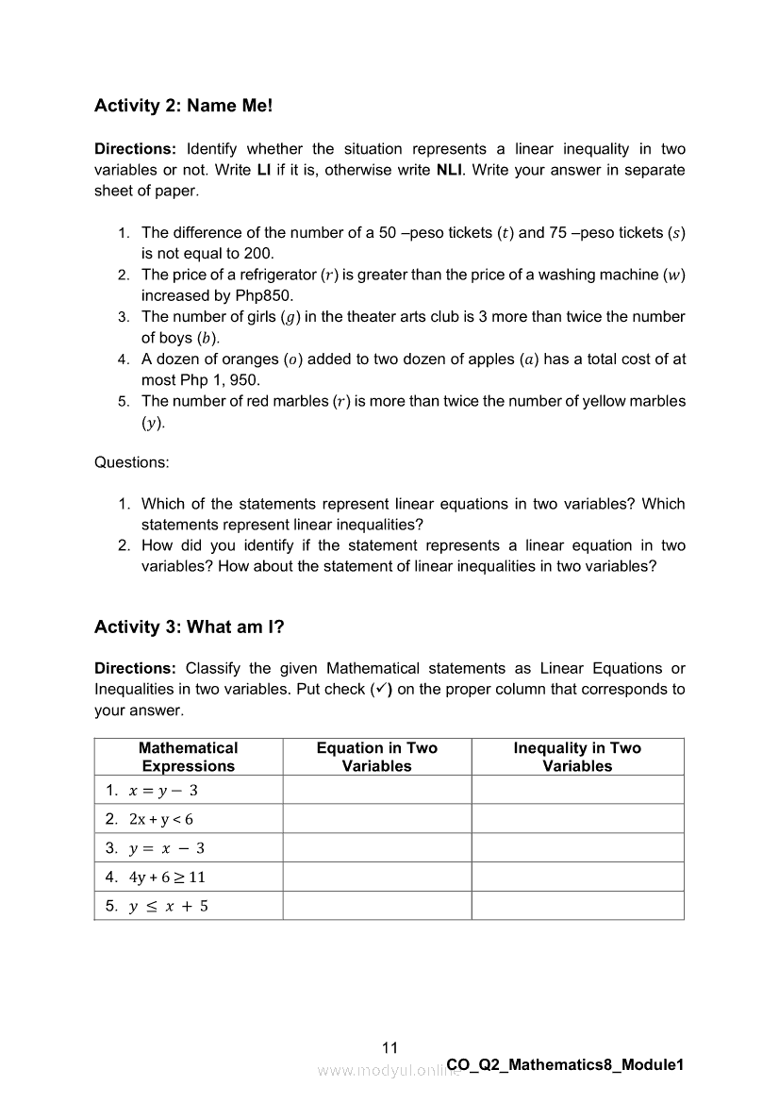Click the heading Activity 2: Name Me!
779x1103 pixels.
(x=183, y=106)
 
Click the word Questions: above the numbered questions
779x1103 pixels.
(x=132, y=462)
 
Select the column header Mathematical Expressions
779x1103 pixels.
(x=189, y=757)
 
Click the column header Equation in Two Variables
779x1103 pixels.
(x=377, y=757)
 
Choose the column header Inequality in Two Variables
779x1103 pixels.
(x=577, y=757)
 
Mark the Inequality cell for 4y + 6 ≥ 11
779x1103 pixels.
(x=577, y=877)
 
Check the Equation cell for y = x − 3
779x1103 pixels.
(x=377, y=847)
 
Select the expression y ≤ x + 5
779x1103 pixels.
(x=169, y=906)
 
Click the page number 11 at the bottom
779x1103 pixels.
(x=390, y=1047)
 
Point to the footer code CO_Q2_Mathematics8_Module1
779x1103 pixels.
(x=564, y=1064)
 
